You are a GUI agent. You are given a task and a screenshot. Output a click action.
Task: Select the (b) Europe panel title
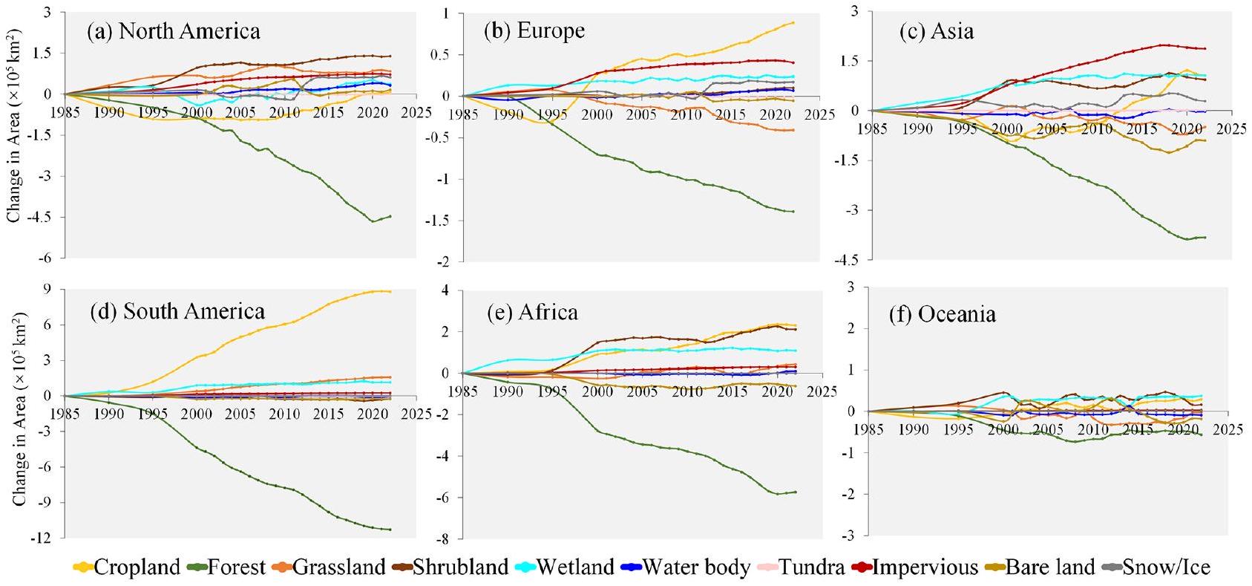[x=534, y=30]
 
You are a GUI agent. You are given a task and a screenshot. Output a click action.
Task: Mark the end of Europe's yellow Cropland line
[x=793, y=22]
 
